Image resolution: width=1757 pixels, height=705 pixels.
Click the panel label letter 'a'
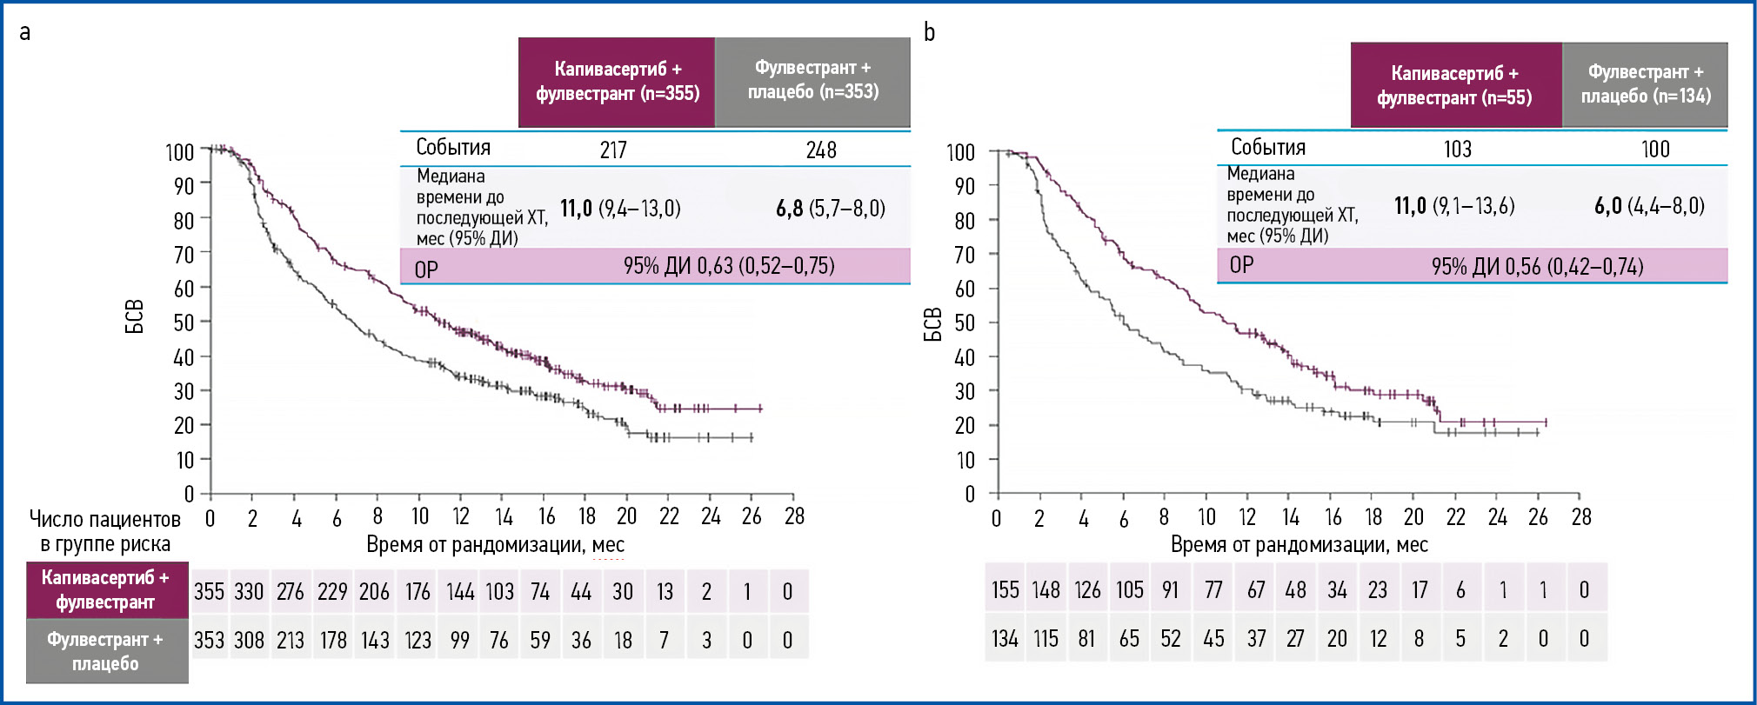coord(25,33)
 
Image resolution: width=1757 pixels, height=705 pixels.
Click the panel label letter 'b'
coord(929,32)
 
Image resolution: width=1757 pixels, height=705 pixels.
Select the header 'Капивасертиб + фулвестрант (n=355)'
coord(617,82)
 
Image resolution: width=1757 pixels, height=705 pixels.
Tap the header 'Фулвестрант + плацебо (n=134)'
coord(1645,84)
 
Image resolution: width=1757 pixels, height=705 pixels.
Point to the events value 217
coord(613,150)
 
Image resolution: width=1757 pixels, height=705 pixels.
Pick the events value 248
coord(820,150)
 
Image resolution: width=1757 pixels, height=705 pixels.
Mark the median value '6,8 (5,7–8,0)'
coord(830,209)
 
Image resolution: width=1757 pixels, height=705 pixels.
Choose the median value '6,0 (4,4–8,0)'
coord(1649,206)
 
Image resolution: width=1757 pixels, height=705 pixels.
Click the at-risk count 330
coord(249,592)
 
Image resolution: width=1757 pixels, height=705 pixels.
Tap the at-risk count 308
coord(249,641)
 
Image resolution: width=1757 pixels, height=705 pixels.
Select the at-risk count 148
coord(1046,590)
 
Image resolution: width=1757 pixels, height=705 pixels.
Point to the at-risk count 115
coord(1046,639)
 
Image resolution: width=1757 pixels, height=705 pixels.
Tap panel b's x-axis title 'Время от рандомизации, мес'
coord(1299,545)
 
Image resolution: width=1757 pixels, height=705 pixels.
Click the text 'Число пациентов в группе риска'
coord(105,532)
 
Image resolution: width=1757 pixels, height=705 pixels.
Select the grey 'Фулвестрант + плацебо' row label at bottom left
coord(105,651)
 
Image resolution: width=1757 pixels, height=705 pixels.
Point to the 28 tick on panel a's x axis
coord(794,517)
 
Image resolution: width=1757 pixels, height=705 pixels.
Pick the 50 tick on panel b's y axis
coord(964,323)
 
